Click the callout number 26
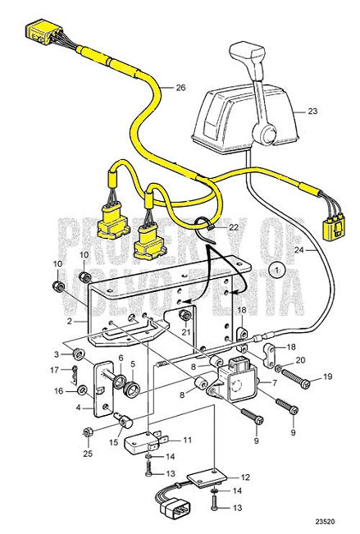click(180, 88)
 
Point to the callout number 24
click(298, 249)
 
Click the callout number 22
click(233, 227)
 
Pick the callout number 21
click(186, 331)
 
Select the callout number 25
click(88, 453)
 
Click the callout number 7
click(297, 383)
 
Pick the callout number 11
click(187, 440)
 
